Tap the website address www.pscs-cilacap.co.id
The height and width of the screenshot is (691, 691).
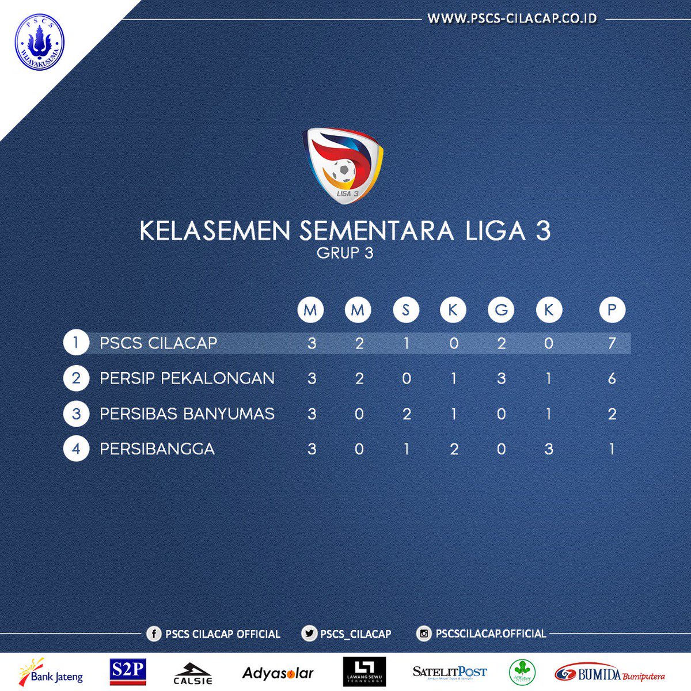pos(512,19)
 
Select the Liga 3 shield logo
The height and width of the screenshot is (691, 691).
pos(343,165)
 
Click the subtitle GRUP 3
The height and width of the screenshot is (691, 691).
pos(345,253)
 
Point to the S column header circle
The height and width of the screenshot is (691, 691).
pos(406,310)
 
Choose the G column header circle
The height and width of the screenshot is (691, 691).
pos(501,310)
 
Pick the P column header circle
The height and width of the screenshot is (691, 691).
pos(612,310)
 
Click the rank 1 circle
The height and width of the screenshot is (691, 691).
pos(76,343)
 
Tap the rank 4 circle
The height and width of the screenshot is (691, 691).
pos(76,449)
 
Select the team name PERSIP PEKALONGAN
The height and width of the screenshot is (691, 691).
pos(187,378)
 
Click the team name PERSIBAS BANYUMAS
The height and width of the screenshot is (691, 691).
pos(187,413)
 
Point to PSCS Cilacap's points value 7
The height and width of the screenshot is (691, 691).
pos(612,344)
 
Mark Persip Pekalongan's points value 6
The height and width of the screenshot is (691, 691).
pos(612,378)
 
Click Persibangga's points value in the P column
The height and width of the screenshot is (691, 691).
pos(612,449)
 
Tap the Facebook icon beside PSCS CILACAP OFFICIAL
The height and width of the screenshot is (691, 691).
pos(154,634)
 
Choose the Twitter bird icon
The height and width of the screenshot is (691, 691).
pos(309,634)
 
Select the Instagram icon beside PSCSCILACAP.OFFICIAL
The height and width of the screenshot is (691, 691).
pos(424,634)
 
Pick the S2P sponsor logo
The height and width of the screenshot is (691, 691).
pos(127,671)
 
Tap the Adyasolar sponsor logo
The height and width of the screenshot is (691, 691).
pos(278,673)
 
